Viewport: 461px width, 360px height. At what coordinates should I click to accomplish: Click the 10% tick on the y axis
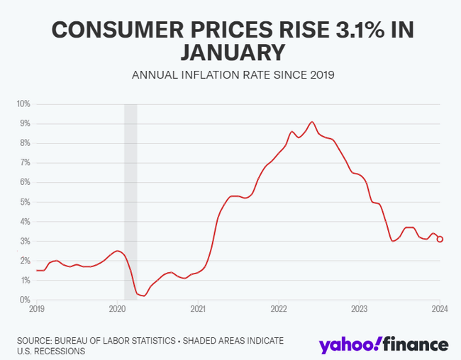[x=23, y=104]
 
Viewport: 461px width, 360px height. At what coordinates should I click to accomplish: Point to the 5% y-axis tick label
[x=25, y=202]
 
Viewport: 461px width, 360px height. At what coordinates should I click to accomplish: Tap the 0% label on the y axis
[x=25, y=300]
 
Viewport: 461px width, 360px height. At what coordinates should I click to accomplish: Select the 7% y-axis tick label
[x=25, y=163]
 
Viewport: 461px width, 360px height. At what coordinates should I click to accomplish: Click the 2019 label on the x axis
[x=37, y=309]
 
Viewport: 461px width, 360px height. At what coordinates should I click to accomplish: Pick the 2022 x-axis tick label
[x=279, y=309]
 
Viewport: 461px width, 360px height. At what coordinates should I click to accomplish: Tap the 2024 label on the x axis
[x=440, y=309]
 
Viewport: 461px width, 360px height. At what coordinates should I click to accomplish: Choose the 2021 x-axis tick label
[x=198, y=309]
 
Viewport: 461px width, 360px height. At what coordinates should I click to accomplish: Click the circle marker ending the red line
[x=440, y=240]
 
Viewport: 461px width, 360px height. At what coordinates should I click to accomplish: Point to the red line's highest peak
[x=312, y=122]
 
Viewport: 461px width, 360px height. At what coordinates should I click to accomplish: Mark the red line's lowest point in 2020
[x=143, y=296]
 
